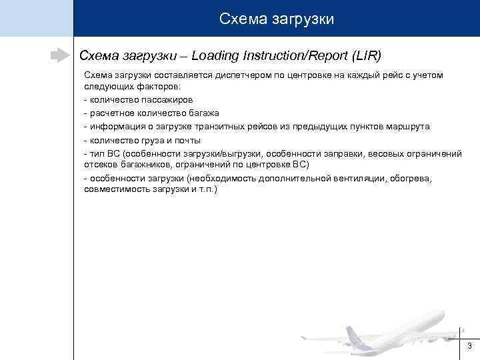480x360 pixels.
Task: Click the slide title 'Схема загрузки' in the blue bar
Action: [277, 19]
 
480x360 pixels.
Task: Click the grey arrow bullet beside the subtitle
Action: [61, 55]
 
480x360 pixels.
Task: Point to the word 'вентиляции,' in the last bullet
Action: [366, 179]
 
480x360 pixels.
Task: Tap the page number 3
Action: [469, 345]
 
